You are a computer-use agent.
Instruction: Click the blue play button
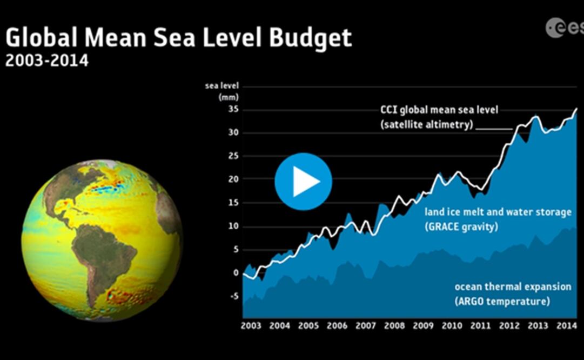coord(303,182)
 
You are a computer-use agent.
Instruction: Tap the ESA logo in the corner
coord(563,28)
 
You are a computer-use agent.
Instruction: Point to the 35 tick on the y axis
coord(233,110)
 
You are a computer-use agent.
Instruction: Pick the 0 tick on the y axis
coord(236,272)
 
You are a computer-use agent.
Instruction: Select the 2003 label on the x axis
coord(251,326)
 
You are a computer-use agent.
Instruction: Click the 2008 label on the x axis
coord(394,326)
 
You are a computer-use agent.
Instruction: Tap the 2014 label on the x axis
coord(566,326)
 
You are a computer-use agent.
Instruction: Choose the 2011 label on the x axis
coord(480,326)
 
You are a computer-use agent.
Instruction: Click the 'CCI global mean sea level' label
coord(439,110)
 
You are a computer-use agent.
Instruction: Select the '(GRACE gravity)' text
coord(461,227)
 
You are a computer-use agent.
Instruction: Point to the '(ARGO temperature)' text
coord(502,301)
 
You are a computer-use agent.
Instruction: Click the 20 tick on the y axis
coord(233,179)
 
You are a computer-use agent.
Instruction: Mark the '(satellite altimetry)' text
coord(426,124)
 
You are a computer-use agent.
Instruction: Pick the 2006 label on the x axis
coord(337,326)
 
